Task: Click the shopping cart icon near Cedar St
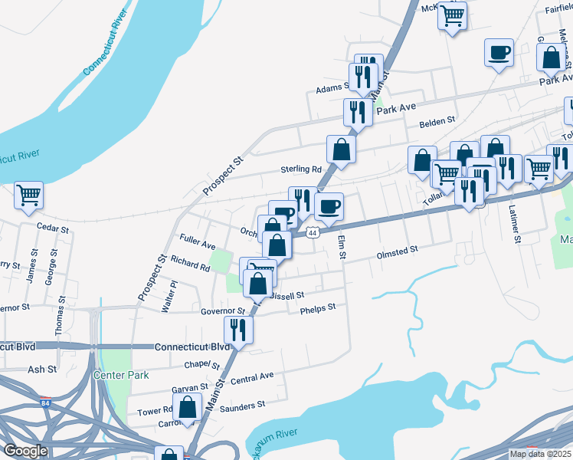coord(28,195)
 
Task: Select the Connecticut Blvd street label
coord(192,347)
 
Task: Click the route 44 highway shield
coord(312,232)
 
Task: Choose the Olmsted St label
coord(397,251)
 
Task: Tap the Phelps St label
coord(318,308)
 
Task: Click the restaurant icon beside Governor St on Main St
coord(238,330)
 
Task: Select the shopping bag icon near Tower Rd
coord(187,408)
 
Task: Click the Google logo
coord(25,451)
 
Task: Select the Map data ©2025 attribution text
coord(541,454)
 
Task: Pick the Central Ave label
coord(252,378)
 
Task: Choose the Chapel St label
coord(201,365)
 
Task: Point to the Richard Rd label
coord(190,265)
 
